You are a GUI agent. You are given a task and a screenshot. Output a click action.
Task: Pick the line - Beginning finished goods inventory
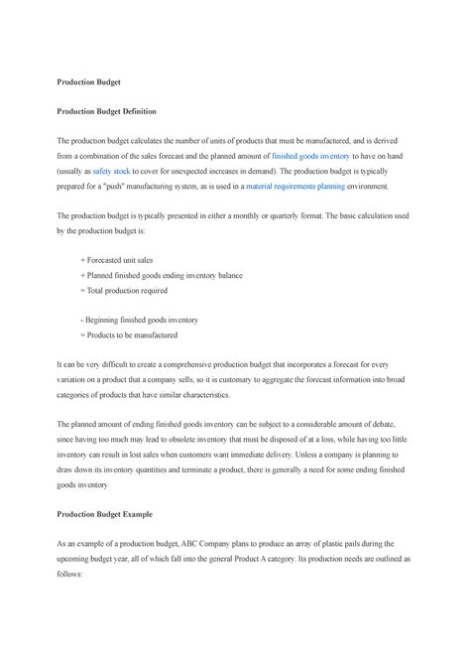tap(139, 320)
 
